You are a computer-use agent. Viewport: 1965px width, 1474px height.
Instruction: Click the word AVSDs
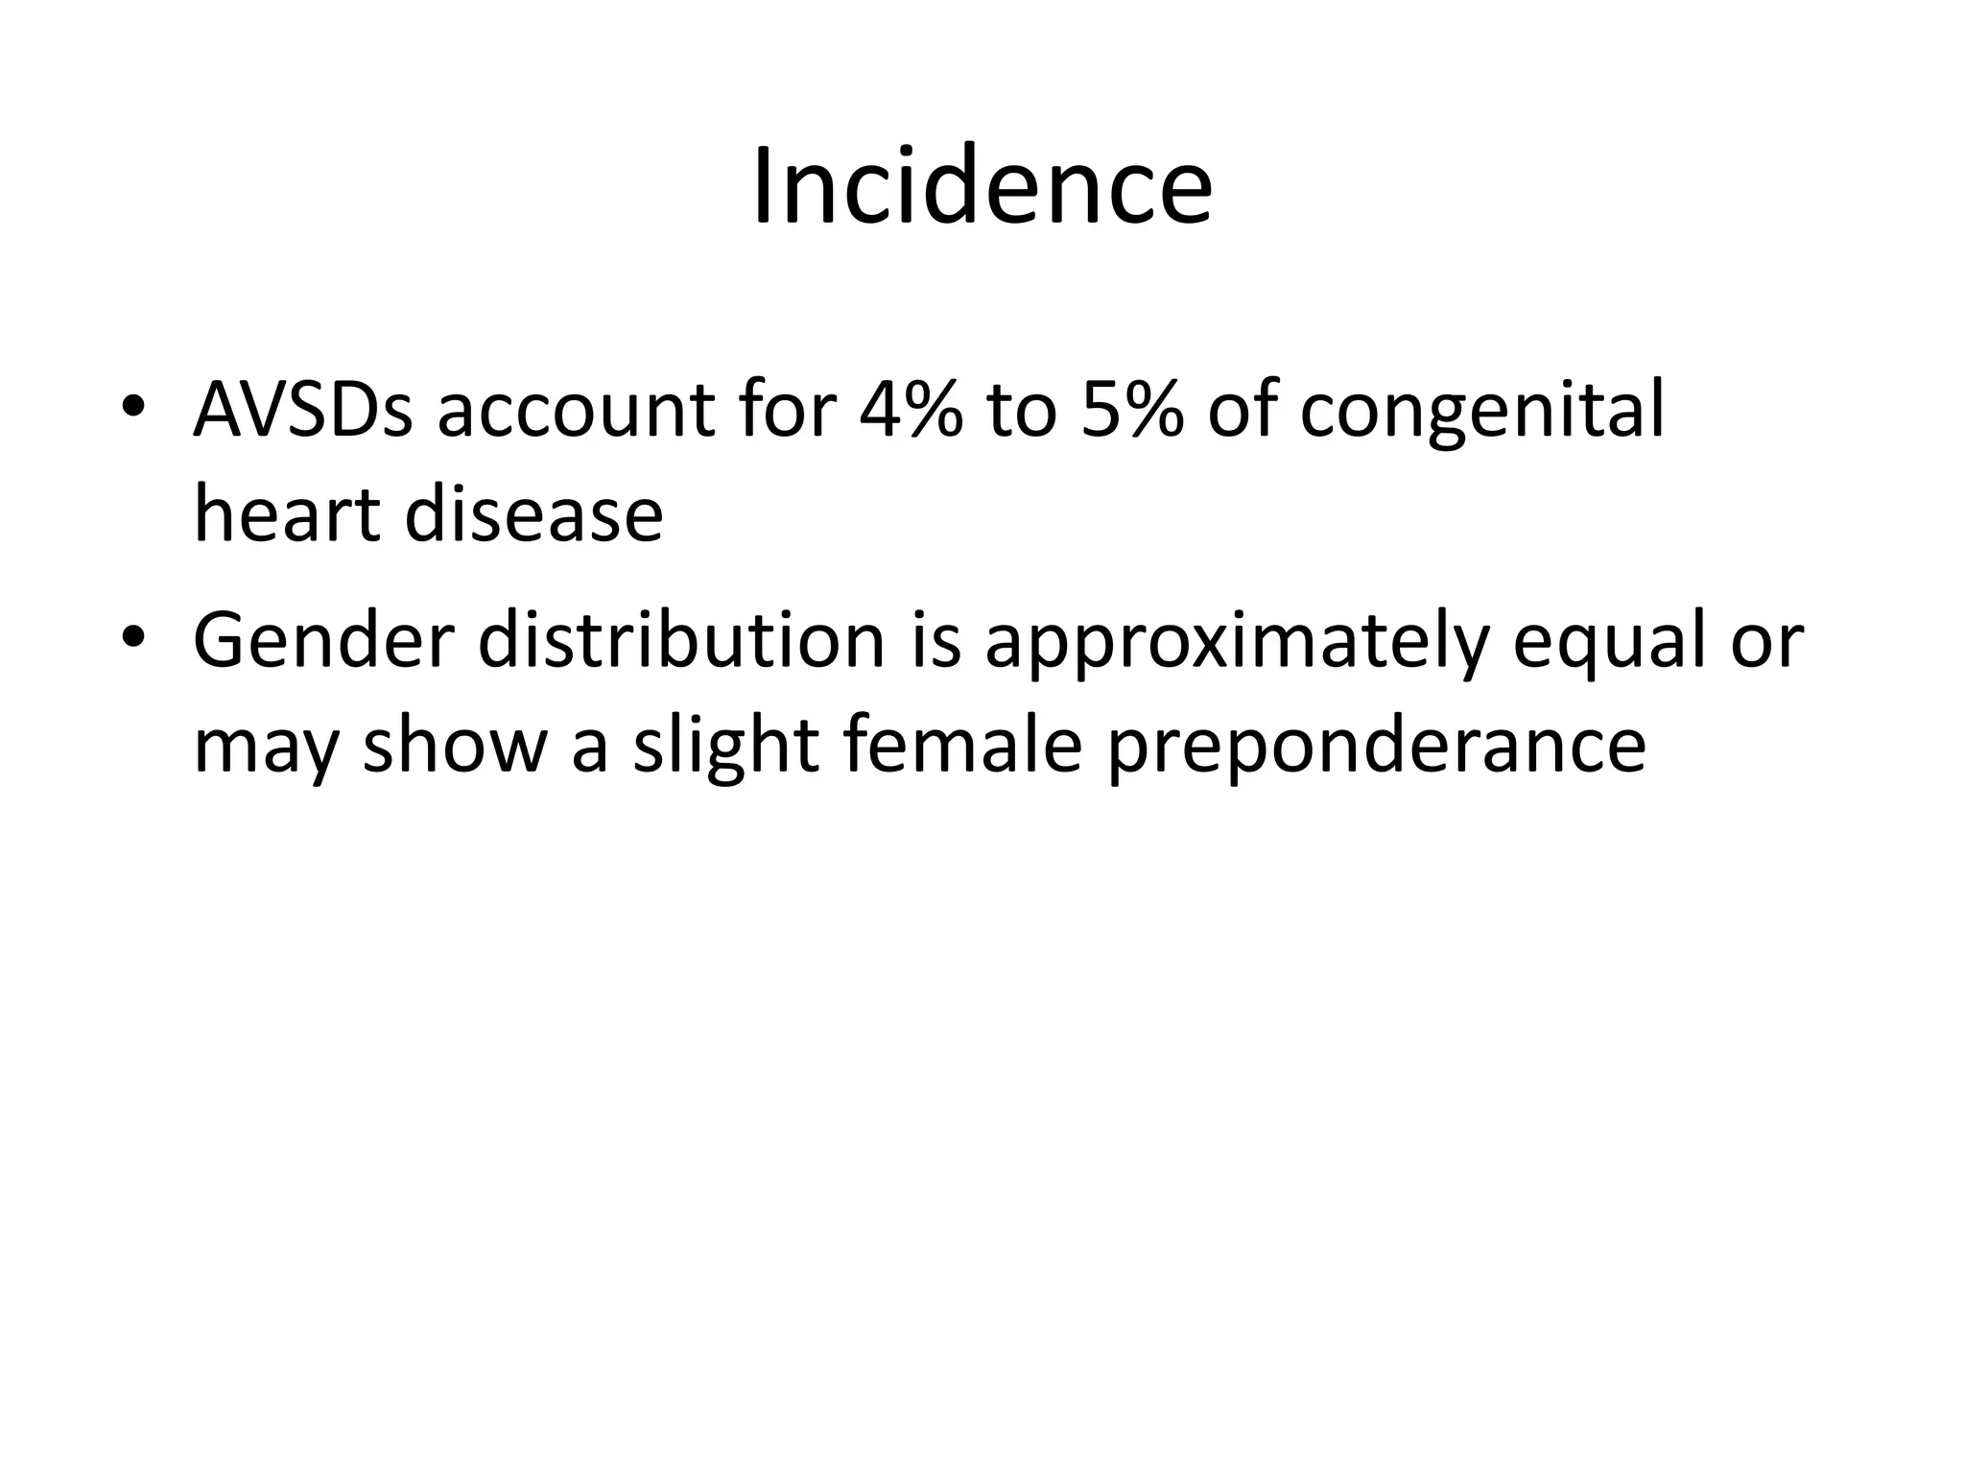pyautogui.click(x=303, y=410)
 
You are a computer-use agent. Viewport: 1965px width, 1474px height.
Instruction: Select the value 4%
pyautogui.click(x=910, y=410)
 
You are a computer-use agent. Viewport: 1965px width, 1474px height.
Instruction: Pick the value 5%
pyautogui.click(x=1132, y=410)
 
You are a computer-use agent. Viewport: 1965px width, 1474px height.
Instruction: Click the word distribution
pyautogui.click(x=681, y=641)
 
